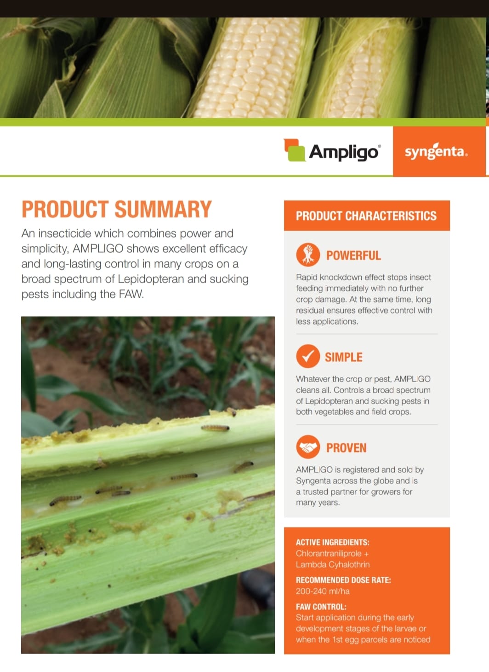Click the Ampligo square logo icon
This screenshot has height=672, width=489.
295,150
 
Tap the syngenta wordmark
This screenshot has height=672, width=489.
436,151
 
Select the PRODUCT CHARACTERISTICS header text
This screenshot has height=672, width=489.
366,216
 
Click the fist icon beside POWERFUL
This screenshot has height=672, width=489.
308,255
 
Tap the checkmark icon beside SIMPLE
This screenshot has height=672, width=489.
308,356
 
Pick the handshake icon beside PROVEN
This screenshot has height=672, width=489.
308,447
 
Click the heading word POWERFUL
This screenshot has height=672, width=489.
353,255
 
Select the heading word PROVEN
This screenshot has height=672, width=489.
347,448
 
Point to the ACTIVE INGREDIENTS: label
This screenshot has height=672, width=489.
333,542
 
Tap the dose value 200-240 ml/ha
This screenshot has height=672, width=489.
323,591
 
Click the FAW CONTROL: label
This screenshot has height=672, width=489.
321,607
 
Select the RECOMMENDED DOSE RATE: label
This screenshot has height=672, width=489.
343,580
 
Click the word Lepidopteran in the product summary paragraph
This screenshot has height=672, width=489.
151,279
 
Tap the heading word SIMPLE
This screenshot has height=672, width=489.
344,357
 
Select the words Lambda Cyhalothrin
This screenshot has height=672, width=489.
333,565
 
